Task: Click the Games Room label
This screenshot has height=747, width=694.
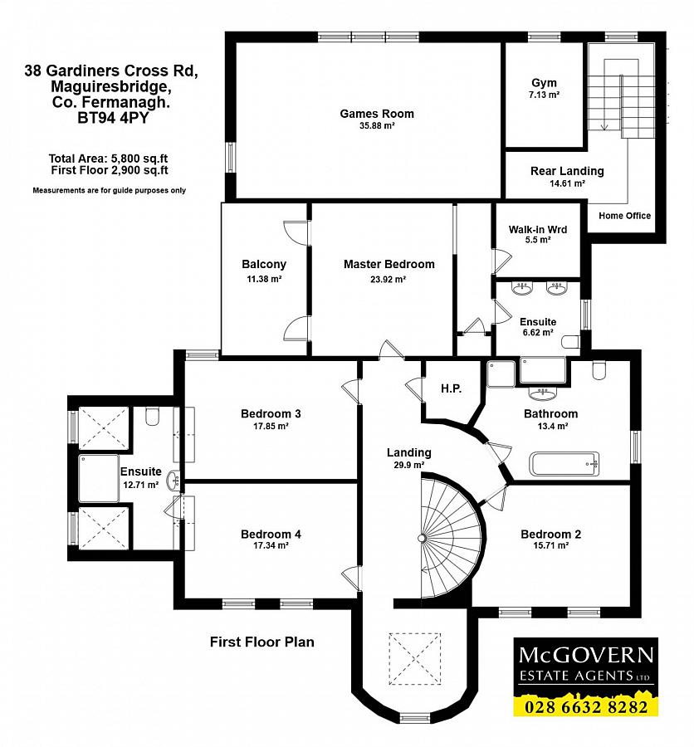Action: pyautogui.click(x=377, y=114)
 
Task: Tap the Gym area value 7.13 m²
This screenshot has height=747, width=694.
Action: pyautogui.click(x=544, y=95)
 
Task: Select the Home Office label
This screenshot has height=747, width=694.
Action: pyautogui.click(x=624, y=216)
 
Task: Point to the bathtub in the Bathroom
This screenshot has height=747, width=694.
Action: pyautogui.click(x=564, y=463)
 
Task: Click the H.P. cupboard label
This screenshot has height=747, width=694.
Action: pyautogui.click(x=451, y=388)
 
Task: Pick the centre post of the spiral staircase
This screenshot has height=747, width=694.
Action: pyautogui.click(x=422, y=539)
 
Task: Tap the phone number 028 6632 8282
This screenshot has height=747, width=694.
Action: pyautogui.click(x=586, y=706)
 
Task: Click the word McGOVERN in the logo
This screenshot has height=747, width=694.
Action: pyautogui.click(x=586, y=655)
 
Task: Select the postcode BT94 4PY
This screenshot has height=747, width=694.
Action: pyautogui.click(x=113, y=118)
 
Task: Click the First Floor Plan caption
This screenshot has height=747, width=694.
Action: pyautogui.click(x=262, y=642)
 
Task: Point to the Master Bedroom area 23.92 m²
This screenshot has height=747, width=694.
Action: pyautogui.click(x=388, y=280)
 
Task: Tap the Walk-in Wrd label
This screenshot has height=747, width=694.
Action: pyautogui.click(x=538, y=230)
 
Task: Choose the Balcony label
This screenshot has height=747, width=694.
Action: pyautogui.click(x=264, y=265)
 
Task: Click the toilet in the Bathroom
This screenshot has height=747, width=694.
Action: pyautogui.click(x=599, y=370)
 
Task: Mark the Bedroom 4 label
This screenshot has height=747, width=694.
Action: pyautogui.click(x=271, y=535)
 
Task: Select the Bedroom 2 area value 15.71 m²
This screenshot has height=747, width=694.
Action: pyautogui.click(x=550, y=545)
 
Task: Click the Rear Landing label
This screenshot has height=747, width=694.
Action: pyautogui.click(x=567, y=171)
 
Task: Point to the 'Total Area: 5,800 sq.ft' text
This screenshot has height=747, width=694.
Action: pyautogui.click(x=108, y=159)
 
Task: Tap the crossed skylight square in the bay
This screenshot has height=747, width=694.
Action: pyautogui.click(x=414, y=659)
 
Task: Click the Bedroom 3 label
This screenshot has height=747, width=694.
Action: pyautogui.click(x=271, y=414)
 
